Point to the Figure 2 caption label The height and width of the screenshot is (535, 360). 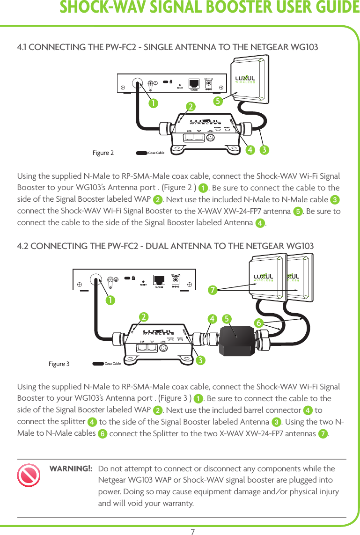[x=103, y=153]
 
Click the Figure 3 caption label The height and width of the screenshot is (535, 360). [x=59, y=364]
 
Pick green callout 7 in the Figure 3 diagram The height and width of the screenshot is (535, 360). [x=213, y=290]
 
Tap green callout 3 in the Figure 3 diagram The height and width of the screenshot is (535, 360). [x=200, y=360]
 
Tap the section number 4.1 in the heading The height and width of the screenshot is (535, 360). [x=22, y=48]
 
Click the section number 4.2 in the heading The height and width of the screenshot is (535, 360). [x=23, y=246]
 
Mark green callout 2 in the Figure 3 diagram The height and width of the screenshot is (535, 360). [x=144, y=317]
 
